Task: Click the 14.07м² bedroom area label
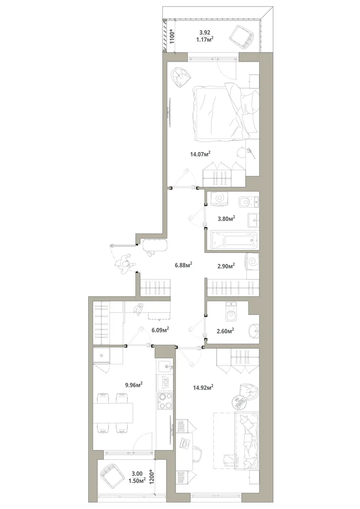click(x=200, y=154)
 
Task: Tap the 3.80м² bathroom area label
click(x=226, y=218)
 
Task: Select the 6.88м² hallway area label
click(x=183, y=265)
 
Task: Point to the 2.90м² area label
click(x=226, y=266)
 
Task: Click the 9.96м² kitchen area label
click(x=134, y=385)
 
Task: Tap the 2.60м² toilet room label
click(x=226, y=331)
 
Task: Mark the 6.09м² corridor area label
click(x=160, y=330)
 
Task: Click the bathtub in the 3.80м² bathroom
click(x=234, y=241)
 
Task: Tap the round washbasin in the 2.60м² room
click(x=254, y=331)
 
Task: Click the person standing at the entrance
click(x=125, y=264)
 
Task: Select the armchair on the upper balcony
click(x=242, y=37)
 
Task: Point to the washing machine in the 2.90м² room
click(x=252, y=261)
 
